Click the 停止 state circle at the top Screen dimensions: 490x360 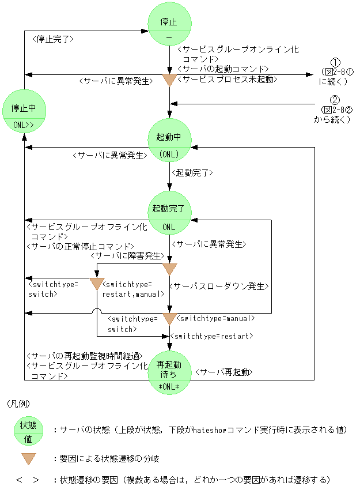coord(169,27)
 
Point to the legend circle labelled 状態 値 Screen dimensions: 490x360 coord(28,431)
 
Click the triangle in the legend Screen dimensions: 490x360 coord(28,459)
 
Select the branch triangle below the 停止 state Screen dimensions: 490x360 coord(169,80)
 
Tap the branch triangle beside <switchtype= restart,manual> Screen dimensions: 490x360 coord(97,283)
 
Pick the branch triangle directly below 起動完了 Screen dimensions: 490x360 coord(169,269)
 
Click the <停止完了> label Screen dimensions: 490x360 coord(54,39)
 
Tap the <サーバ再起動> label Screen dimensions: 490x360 coord(223,372)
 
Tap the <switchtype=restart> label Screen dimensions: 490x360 coord(211,336)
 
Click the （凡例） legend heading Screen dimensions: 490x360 coord(18,404)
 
